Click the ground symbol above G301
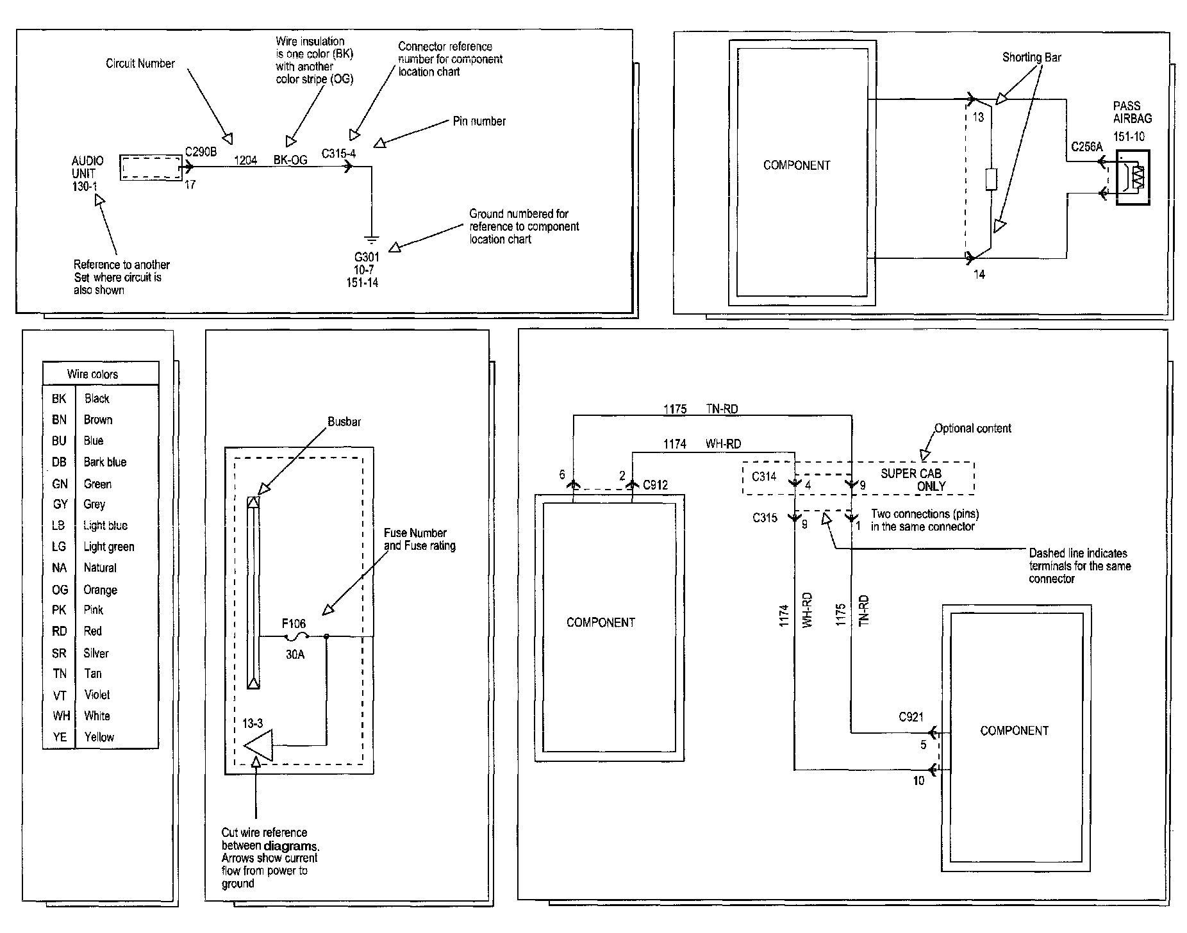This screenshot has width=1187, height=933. (371, 240)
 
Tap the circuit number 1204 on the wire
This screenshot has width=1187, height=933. (245, 160)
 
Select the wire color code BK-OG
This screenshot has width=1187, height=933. (290, 160)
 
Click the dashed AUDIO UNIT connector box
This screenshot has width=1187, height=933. (151, 167)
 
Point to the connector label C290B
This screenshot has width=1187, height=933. (201, 152)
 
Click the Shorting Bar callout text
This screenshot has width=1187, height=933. (1031, 58)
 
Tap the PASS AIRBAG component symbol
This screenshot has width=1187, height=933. (1133, 178)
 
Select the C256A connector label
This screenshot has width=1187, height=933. (1086, 147)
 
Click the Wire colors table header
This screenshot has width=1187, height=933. (92, 374)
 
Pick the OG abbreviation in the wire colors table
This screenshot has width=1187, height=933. (60, 590)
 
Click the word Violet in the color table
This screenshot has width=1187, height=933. (97, 695)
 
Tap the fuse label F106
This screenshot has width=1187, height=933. (294, 623)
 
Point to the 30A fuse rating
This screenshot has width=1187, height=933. (295, 656)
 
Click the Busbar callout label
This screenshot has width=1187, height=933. (344, 422)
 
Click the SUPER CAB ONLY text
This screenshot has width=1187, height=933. (913, 479)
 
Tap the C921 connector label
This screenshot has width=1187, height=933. (911, 717)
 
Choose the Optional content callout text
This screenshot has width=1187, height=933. (972, 428)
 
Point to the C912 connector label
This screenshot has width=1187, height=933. (655, 485)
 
